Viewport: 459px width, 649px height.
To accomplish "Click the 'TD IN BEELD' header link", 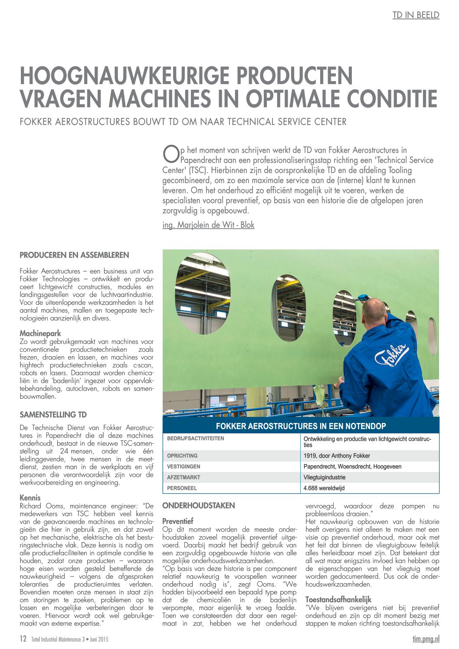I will point(416,15).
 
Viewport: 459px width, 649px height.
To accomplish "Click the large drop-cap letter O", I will point(170,153).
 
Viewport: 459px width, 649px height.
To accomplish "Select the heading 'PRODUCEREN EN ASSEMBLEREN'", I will point(74,255).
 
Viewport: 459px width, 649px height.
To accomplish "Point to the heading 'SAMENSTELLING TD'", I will point(53,415).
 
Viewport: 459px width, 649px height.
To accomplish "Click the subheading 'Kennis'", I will point(30,498).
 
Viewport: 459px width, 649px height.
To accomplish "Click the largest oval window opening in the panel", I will point(203,293).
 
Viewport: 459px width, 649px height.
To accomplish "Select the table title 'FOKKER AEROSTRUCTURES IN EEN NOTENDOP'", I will point(301,426).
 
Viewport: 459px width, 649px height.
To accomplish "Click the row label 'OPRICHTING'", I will point(182,456).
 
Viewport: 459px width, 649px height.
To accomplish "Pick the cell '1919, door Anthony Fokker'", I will point(337,456).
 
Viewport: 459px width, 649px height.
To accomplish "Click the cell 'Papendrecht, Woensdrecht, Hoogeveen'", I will point(352,467).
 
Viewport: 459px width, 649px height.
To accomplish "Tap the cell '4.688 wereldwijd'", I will point(324,488).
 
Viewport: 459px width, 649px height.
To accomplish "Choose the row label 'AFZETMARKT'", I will point(184,477).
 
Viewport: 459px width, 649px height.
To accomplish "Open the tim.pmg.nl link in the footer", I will point(426,639).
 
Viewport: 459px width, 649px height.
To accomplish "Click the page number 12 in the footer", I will point(23,639).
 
